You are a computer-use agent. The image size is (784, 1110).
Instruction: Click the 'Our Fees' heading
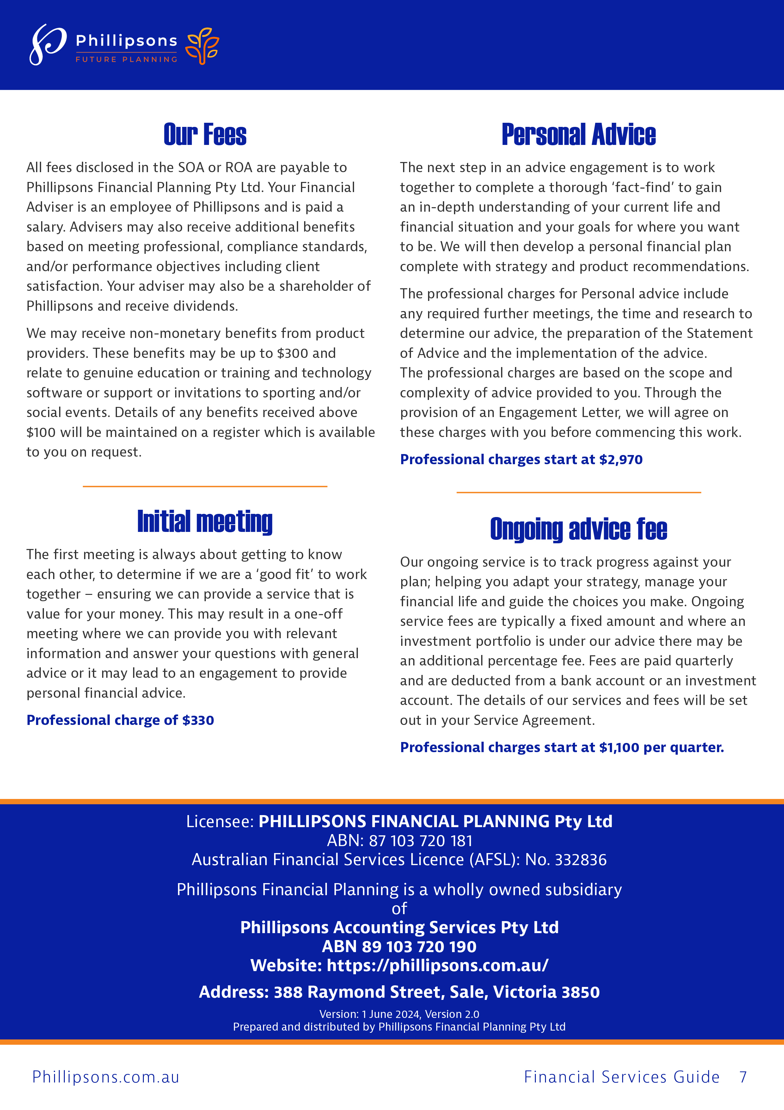[205, 134]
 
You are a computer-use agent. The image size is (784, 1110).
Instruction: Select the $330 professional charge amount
[198, 720]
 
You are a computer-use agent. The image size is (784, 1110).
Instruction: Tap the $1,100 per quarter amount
[661, 747]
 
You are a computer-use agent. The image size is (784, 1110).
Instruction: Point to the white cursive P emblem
[47, 45]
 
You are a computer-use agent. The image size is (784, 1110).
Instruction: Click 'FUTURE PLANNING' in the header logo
[126, 59]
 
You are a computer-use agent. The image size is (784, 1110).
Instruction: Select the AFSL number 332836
[581, 860]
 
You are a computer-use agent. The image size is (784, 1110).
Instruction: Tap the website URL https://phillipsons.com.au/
[437, 965]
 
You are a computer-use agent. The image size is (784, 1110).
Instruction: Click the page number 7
[743, 1077]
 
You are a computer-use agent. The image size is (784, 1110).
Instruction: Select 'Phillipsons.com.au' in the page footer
[106, 1077]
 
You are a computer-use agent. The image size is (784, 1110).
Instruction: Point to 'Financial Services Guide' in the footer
[622, 1077]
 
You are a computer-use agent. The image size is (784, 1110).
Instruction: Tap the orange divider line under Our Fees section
[205, 486]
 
